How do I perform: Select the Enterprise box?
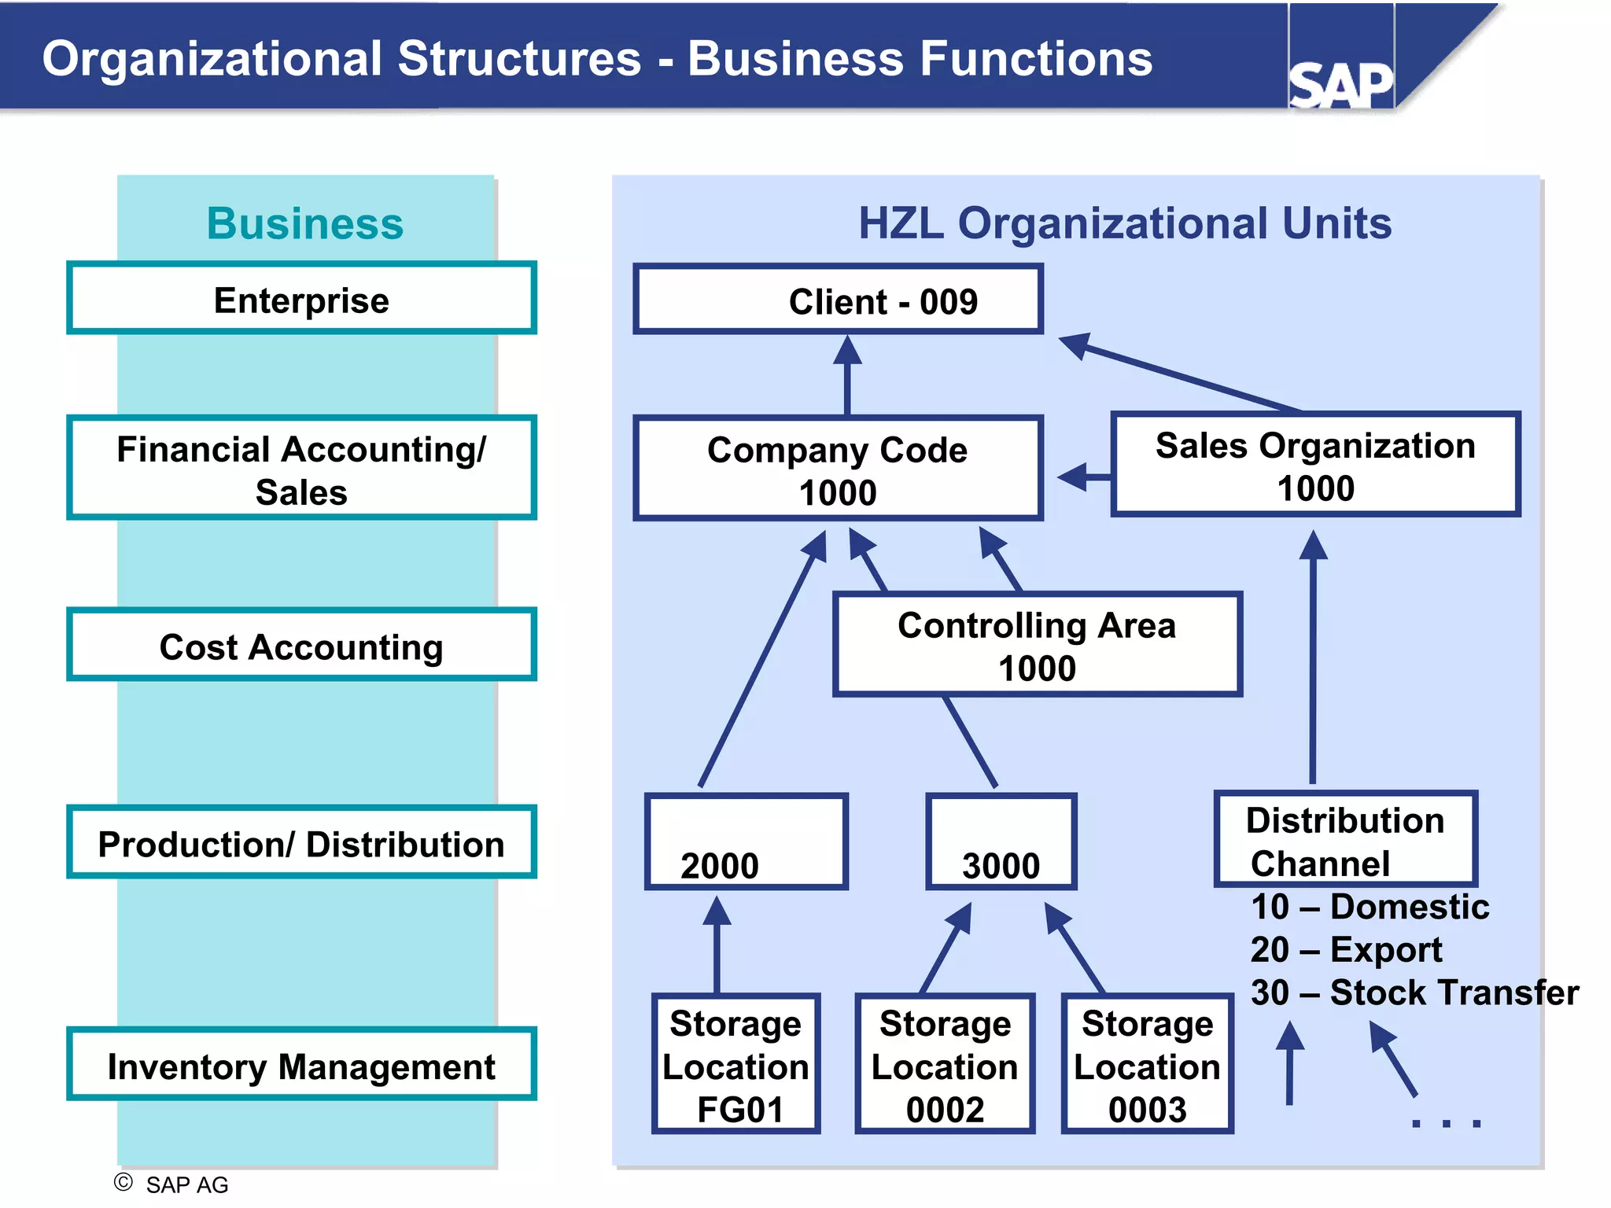click(301, 299)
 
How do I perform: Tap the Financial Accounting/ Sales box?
click(301, 468)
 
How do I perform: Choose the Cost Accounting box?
click(301, 645)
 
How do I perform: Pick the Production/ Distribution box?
click(301, 842)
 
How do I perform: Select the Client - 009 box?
click(839, 300)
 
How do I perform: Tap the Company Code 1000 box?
click(839, 469)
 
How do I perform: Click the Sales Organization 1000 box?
click(1315, 465)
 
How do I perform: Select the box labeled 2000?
click(746, 842)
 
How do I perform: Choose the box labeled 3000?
click(1001, 842)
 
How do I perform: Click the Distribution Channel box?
click(1346, 840)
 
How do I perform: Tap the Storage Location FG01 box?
click(736, 1064)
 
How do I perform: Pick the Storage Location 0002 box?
click(945, 1064)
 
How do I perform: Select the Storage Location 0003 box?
click(1147, 1064)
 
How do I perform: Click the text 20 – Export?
click(1346, 950)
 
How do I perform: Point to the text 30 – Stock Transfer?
click(1414, 993)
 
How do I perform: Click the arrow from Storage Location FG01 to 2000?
click(717, 948)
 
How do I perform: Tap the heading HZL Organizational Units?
click(1125, 223)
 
